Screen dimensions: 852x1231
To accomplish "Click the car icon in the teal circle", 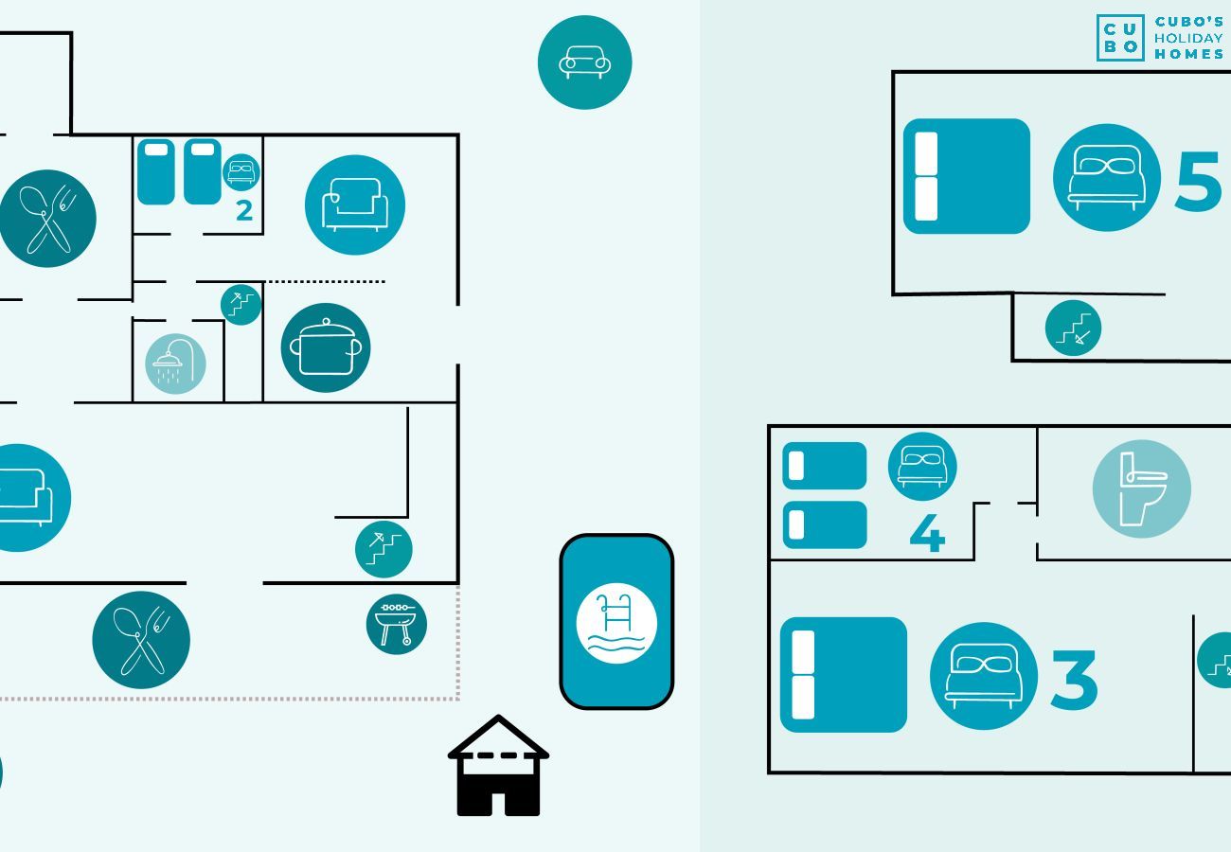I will point(584,62).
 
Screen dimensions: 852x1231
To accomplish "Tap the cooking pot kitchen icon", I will point(326,347).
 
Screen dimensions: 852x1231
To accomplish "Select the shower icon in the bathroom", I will point(175,364).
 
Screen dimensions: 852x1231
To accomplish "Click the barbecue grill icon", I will point(397,624).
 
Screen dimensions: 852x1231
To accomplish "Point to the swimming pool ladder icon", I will point(616,623).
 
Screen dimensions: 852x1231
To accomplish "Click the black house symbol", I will point(498,767).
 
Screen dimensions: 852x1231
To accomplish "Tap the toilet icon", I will point(1141,488).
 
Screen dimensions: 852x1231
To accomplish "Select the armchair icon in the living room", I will point(355,204).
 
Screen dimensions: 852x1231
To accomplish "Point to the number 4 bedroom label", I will point(927,534).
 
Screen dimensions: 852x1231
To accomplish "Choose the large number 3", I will point(1074,680).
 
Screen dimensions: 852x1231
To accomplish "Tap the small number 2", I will point(244,211).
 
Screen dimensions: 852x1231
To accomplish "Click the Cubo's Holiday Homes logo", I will point(1161,38).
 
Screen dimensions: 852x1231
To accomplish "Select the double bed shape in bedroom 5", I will point(966,176).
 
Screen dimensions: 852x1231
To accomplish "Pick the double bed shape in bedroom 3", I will point(843,675).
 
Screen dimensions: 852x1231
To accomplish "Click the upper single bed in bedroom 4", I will point(824,466).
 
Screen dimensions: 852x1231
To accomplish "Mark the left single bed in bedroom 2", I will point(156,172).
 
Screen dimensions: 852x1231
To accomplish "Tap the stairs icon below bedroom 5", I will point(1073,328).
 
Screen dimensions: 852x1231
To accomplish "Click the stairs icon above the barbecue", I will point(384,549).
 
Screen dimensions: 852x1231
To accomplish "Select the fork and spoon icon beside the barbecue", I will point(141,640).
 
